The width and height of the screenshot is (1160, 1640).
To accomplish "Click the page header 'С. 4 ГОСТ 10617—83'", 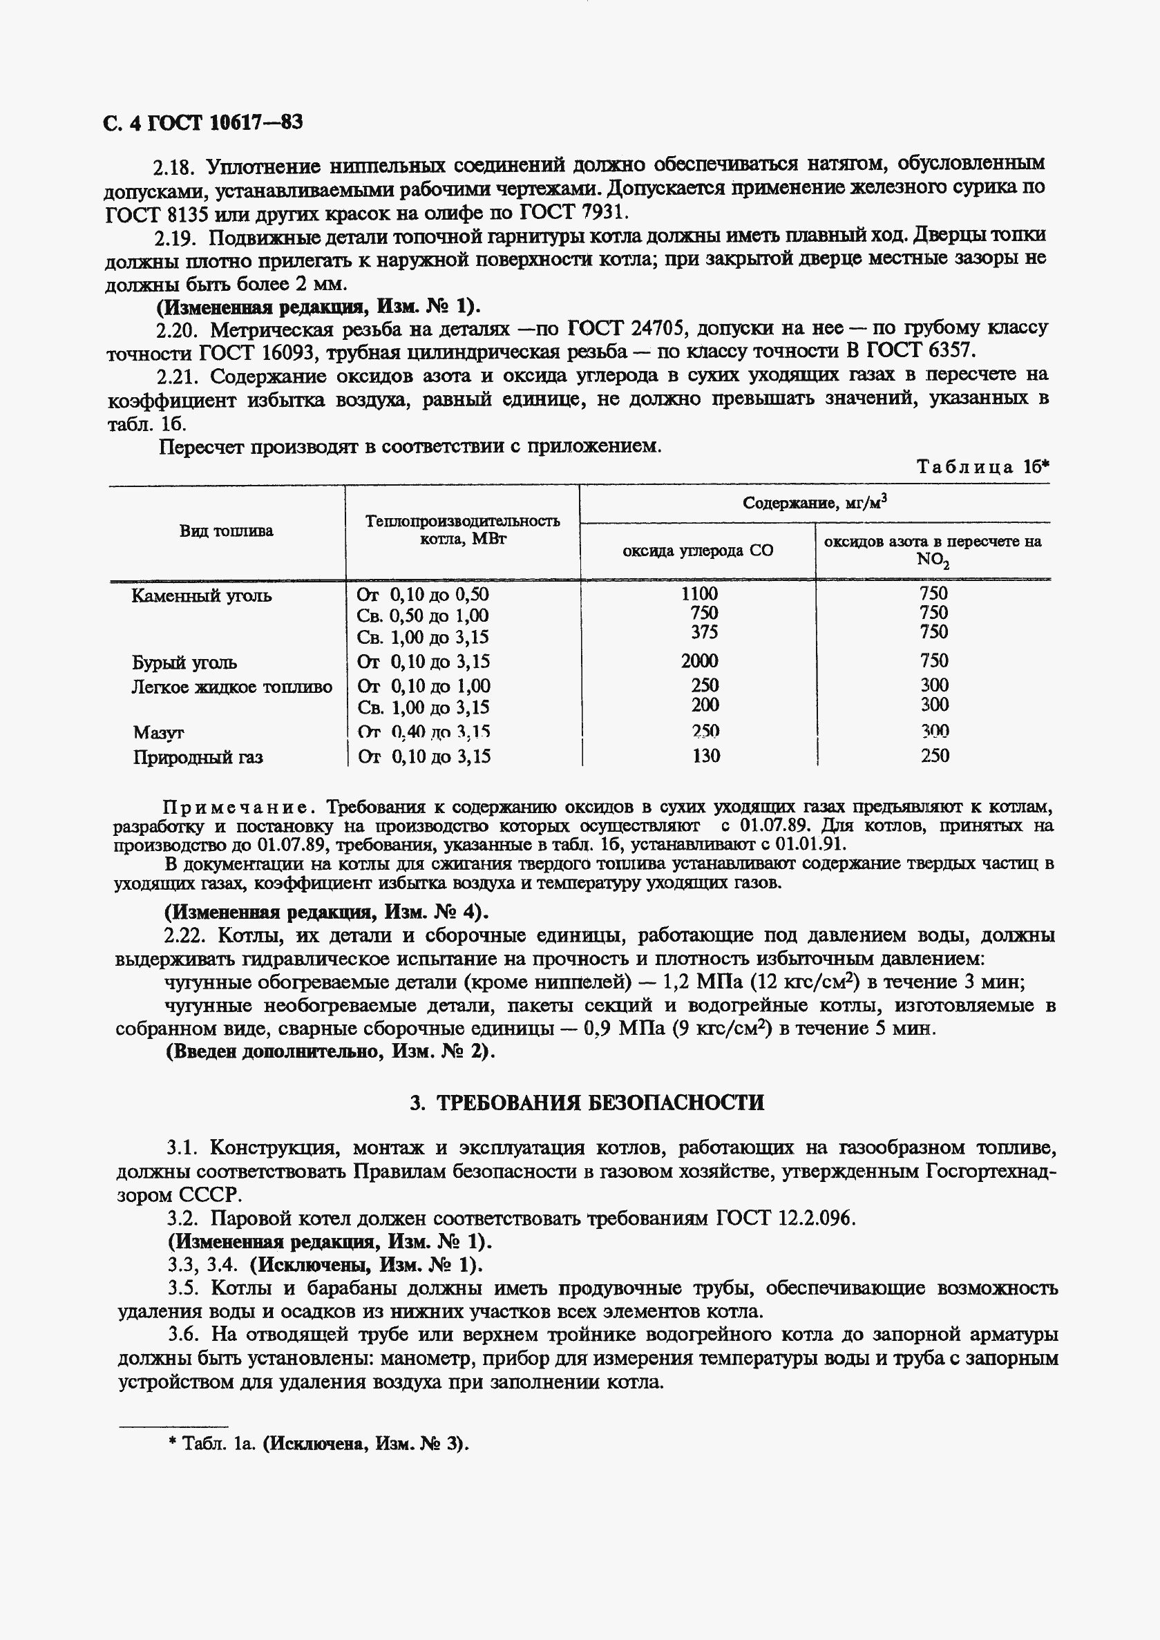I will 203,123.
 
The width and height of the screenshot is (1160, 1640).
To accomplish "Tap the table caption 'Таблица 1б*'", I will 983,467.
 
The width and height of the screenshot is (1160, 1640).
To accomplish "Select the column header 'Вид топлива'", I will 226,531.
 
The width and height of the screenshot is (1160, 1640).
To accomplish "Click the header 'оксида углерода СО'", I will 697,551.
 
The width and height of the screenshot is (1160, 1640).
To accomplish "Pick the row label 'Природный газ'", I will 197,757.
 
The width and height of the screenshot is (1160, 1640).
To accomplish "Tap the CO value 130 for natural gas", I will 705,756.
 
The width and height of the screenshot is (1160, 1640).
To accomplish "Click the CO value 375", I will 703,632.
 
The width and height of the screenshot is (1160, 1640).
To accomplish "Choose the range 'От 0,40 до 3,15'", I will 424,732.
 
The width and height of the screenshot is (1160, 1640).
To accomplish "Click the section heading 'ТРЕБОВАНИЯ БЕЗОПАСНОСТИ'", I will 600,1102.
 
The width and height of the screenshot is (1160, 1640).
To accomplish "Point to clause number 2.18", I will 173,167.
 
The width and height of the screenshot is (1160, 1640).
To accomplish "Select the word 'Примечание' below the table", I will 236,807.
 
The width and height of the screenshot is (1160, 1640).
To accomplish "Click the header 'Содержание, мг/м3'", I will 815,503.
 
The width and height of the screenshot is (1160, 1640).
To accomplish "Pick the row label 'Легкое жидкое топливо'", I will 231,687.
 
